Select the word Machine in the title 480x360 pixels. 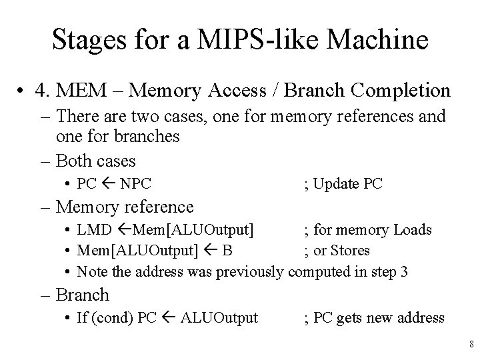(385, 40)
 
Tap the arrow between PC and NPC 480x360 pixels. (109, 184)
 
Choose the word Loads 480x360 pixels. (411, 230)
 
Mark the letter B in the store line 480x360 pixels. (228, 251)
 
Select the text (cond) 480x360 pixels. (113, 317)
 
